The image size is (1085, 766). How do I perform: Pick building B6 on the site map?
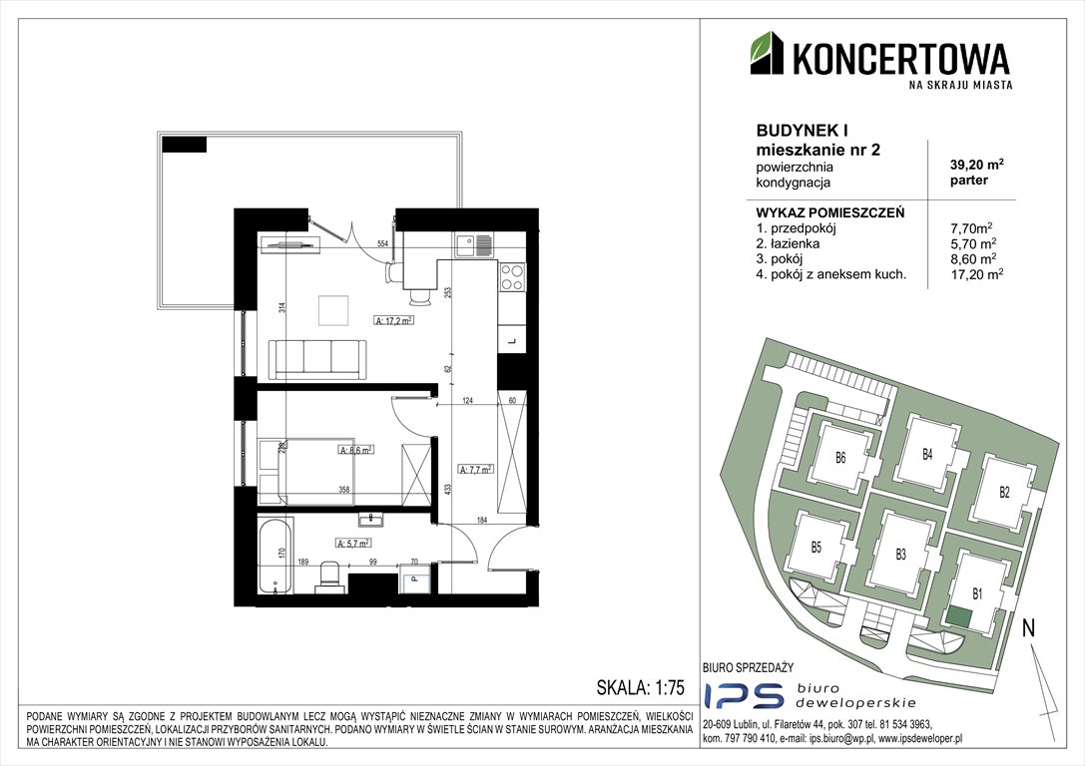840,459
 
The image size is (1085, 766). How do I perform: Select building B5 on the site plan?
815,547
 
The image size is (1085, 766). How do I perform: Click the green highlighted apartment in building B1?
958,617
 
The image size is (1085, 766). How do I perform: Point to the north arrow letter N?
1027,628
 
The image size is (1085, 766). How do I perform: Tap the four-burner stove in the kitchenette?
511,275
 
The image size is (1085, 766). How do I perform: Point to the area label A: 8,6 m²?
355,451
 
